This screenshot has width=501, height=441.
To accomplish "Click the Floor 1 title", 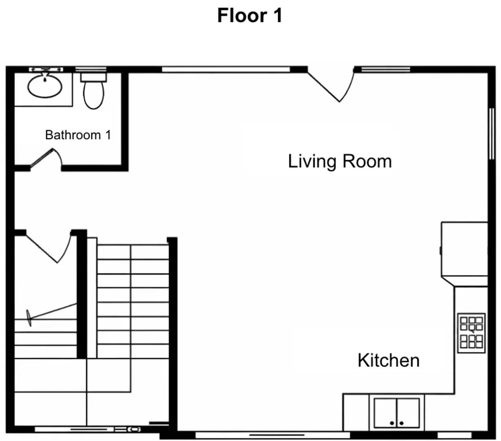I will click(x=250, y=16).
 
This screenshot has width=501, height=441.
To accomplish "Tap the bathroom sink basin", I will click(x=45, y=86).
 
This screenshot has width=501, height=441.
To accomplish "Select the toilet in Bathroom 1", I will click(x=94, y=93).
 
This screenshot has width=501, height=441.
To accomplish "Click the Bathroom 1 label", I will click(x=78, y=135).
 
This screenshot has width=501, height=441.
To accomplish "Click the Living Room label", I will click(x=340, y=161).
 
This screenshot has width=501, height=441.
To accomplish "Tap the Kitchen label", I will click(x=388, y=361).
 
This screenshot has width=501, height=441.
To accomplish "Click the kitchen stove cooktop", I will click(x=471, y=333).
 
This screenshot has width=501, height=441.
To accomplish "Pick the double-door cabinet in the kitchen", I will click(x=396, y=413).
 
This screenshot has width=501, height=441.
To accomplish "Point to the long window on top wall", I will click(x=226, y=69).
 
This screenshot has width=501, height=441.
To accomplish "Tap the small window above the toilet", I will click(x=91, y=69).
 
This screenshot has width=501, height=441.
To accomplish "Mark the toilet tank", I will click(x=94, y=77).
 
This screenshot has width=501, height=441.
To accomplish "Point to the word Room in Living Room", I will click(x=367, y=161).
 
